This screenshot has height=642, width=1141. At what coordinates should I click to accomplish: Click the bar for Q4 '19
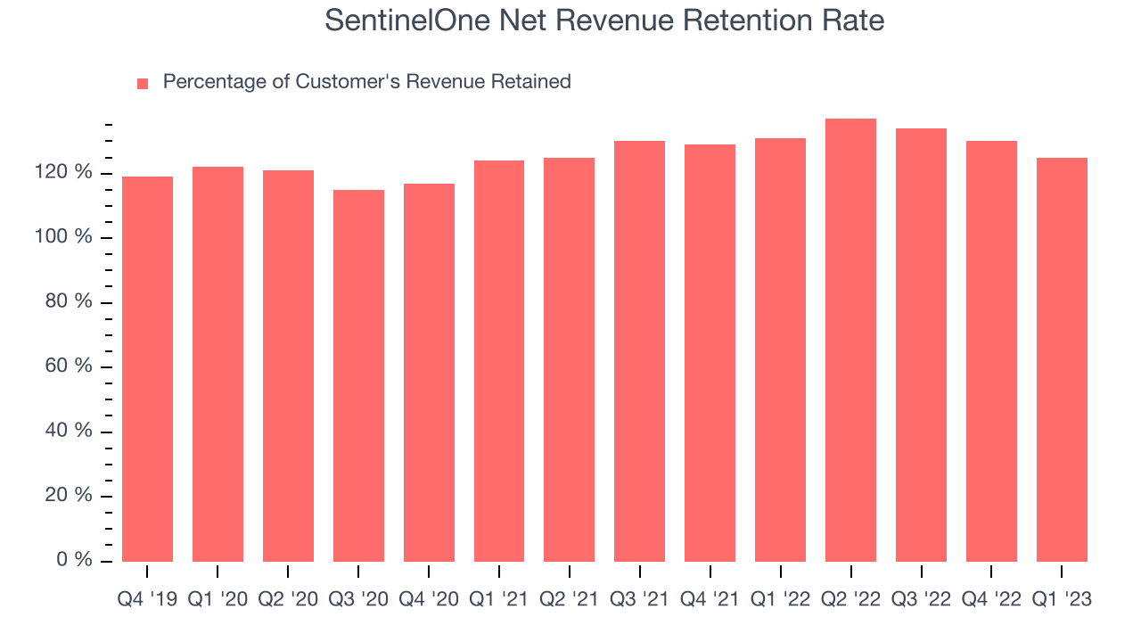point(147,369)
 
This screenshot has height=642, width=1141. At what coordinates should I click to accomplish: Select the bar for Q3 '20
point(358,375)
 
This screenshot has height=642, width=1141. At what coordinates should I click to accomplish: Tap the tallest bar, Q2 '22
point(850,340)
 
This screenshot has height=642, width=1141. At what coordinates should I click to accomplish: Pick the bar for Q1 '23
point(1062,359)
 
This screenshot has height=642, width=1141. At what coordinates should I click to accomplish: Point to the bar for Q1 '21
point(499,361)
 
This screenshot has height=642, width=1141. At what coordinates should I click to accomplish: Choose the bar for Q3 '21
point(639,351)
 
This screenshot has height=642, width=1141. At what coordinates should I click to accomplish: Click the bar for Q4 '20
point(429,373)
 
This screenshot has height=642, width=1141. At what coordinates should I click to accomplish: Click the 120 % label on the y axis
point(70,172)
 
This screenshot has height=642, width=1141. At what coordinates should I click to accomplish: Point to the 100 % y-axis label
point(70,237)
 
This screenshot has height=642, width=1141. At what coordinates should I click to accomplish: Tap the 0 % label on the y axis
point(77,560)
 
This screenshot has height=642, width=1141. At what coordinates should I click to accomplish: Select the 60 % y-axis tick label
point(70,366)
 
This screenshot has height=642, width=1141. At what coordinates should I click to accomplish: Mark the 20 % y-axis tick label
point(70,496)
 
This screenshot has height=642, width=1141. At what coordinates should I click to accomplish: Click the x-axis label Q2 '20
point(288,600)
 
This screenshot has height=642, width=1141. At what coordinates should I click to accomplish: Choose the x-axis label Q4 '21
point(710,600)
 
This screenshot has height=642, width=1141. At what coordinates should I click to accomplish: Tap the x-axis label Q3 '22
point(921,600)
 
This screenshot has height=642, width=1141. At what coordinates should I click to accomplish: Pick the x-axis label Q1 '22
point(780,600)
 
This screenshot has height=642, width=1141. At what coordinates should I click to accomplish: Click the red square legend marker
point(143,84)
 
